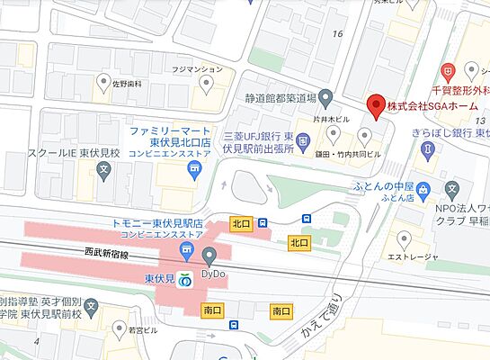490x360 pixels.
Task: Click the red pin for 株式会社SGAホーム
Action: [377, 106]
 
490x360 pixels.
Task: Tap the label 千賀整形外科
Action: [459, 90]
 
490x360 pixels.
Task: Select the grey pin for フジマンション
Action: [207, 85]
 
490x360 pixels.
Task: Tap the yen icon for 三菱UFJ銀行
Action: [303, 139]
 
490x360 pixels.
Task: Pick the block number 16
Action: [338, 33]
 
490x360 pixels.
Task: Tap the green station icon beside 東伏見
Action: [185, 281]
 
